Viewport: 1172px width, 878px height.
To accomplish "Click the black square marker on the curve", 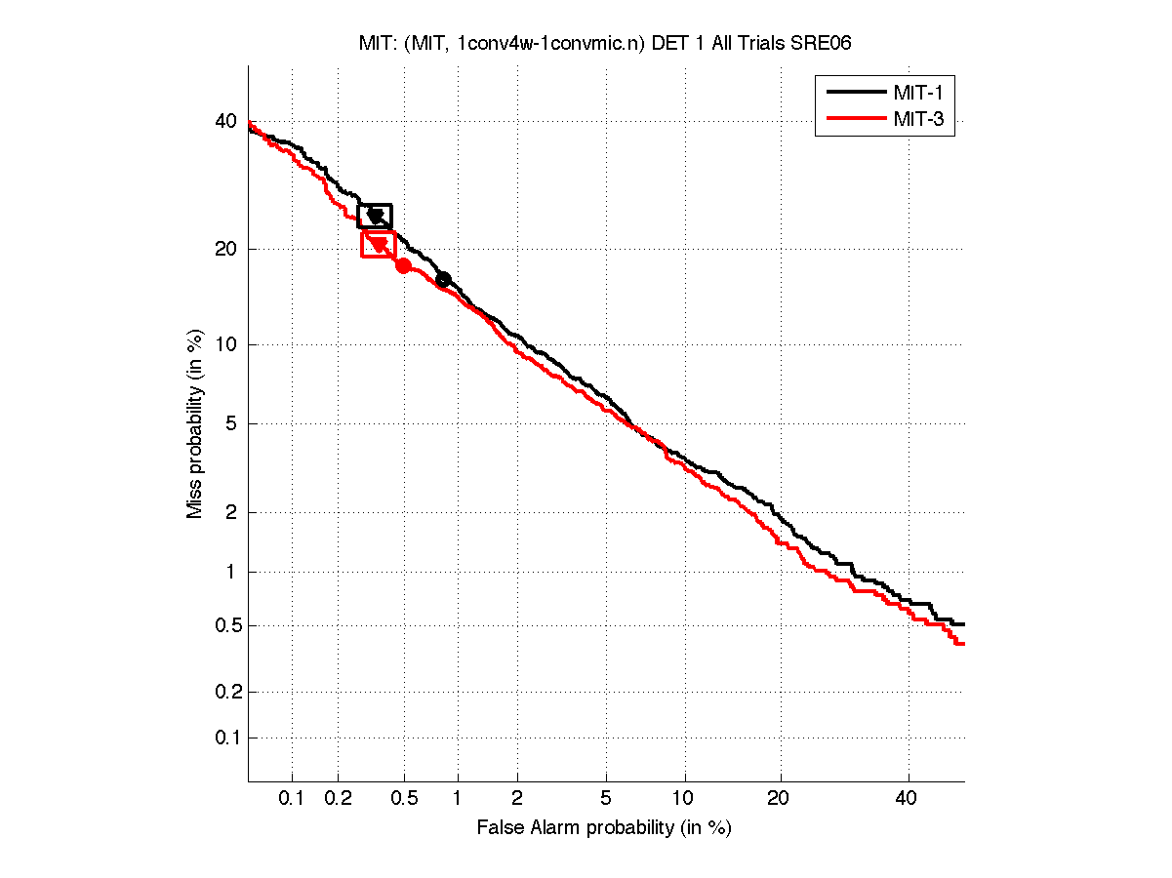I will [x=375, y=216].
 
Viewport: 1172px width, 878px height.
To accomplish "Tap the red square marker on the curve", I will [x=378, y=244].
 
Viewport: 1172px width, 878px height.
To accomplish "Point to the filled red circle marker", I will [x=403, y=265].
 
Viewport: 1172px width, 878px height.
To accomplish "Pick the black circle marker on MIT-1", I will [x=443, y=279].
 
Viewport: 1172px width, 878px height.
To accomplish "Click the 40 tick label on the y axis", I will [x=226, y=121].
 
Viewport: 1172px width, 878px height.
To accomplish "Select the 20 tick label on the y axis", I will [x=226, y=249].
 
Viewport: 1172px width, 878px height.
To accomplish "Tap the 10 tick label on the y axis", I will [x=226, y=344].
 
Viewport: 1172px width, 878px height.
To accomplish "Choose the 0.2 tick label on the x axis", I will [x=338, y=798].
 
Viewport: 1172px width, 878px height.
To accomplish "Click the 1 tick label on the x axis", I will [x=457, y=798].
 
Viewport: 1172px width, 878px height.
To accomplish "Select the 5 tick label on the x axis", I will [x=606, y=798].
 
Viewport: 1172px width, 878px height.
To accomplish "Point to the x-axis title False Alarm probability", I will [x=604, y=828].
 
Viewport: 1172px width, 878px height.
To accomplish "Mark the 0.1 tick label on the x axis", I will [x=292, y=798].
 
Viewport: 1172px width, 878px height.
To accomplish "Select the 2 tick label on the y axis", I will [x=231, y=512].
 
